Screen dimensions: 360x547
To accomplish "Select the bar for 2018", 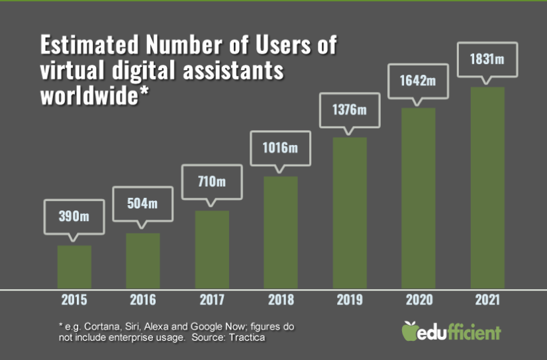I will point(281,232).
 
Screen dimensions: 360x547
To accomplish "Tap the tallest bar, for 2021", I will point(487,188).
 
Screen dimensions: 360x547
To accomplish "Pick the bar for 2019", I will point(350,212).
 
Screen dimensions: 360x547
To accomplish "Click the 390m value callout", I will point(74,216).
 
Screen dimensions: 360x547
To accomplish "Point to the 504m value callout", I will point(142,203).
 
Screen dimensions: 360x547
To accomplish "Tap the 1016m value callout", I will point(281,147).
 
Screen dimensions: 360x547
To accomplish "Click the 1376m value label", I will point(350,109).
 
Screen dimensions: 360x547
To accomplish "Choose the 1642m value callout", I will point(418,81).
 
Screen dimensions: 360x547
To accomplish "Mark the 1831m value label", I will point(487,60).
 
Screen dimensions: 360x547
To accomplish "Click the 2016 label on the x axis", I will point(142,300).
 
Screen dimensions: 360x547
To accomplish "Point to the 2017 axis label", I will point(212,300).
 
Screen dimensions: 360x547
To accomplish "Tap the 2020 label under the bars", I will point(418,300).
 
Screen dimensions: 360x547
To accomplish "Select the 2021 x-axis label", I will point(487,300).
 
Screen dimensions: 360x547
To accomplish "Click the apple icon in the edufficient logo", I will point(411,330).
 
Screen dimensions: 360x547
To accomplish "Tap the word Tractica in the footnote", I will point(250,339).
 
